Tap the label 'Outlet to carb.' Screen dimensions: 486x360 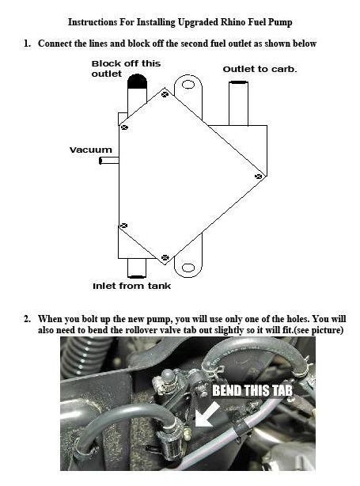coord(260,69)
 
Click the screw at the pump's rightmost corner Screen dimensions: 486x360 coord(259,174)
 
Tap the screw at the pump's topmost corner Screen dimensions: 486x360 coord(164,94)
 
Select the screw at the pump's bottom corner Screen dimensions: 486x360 coord(165,258)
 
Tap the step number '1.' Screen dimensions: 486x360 coord(28,44)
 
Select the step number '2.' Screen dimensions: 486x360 coord(28,319)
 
